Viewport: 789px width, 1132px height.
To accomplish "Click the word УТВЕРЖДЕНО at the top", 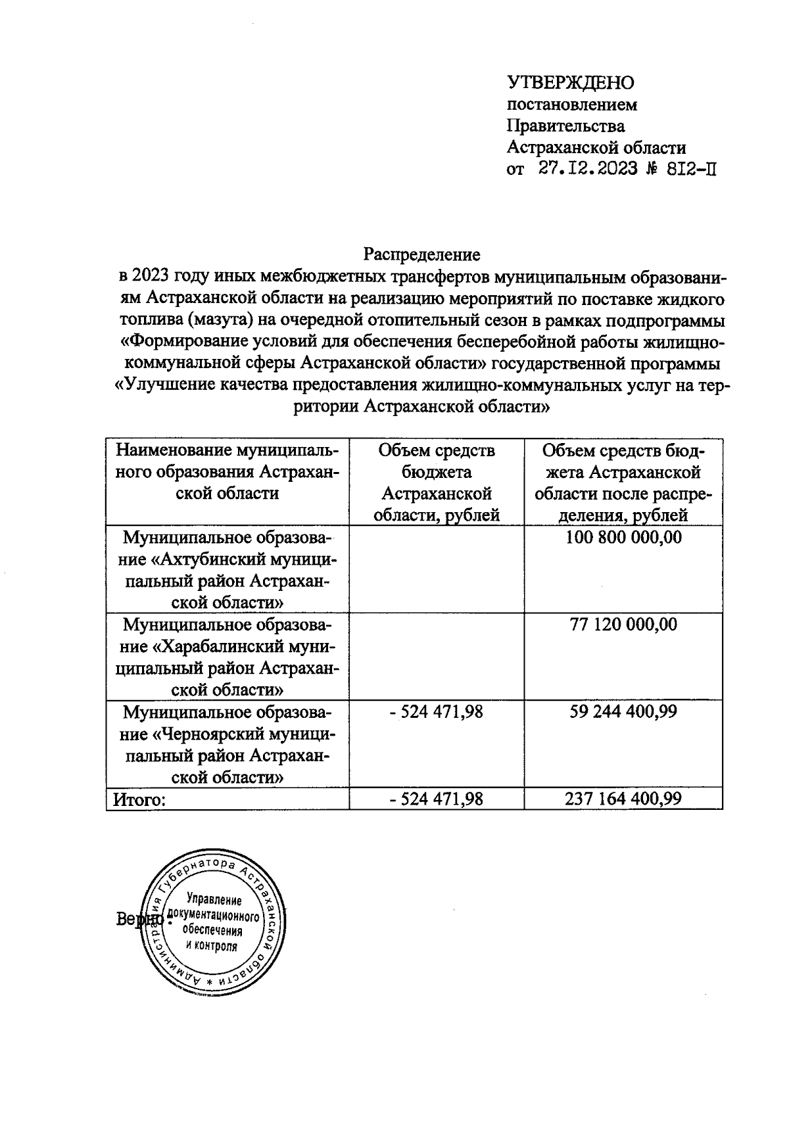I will [x=571, y=82].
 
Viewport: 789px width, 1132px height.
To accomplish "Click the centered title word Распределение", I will [x=423, y=254].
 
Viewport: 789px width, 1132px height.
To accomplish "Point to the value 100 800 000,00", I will [x=623, y=538].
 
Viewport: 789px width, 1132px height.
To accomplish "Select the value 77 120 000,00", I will [x=623, y=625].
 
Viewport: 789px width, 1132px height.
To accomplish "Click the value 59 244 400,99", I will [x=623, y=712].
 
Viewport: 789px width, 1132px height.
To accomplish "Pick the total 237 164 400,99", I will [x=623, y=799].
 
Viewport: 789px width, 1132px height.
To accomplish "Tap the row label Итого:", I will [x=139, y=799].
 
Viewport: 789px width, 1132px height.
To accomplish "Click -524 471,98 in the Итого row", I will [x=437, y=799].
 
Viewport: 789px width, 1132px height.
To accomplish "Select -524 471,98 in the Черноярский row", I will [x=437, y=712].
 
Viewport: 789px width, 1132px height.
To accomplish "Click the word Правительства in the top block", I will [x=565, y=125].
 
